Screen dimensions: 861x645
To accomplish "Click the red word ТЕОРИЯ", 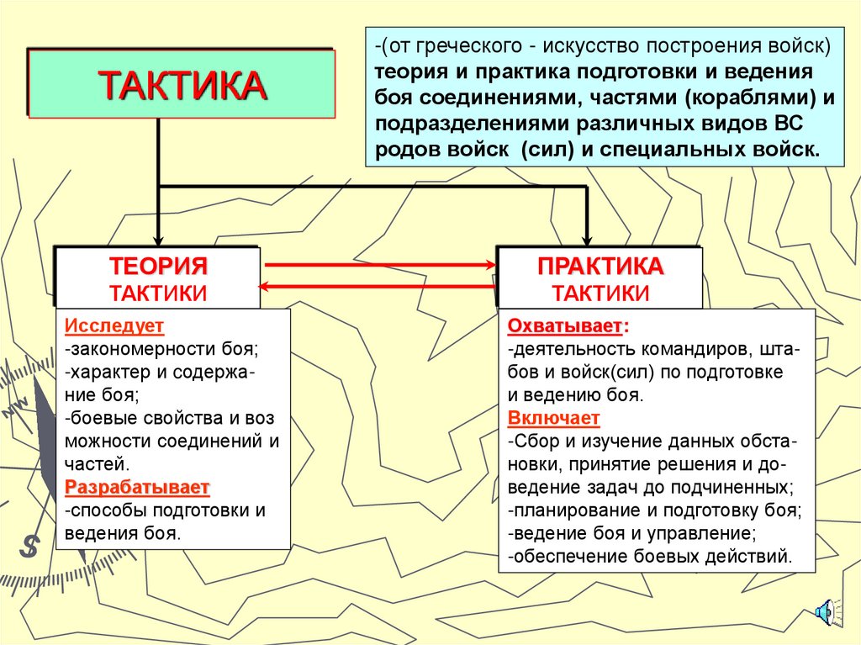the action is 158,267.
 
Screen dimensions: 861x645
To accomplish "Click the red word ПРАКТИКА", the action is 600,267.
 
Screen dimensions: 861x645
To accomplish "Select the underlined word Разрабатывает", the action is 137,487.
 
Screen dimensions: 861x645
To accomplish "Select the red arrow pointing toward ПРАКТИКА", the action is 378,265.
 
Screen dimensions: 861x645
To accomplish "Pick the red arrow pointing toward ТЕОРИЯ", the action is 378,287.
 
